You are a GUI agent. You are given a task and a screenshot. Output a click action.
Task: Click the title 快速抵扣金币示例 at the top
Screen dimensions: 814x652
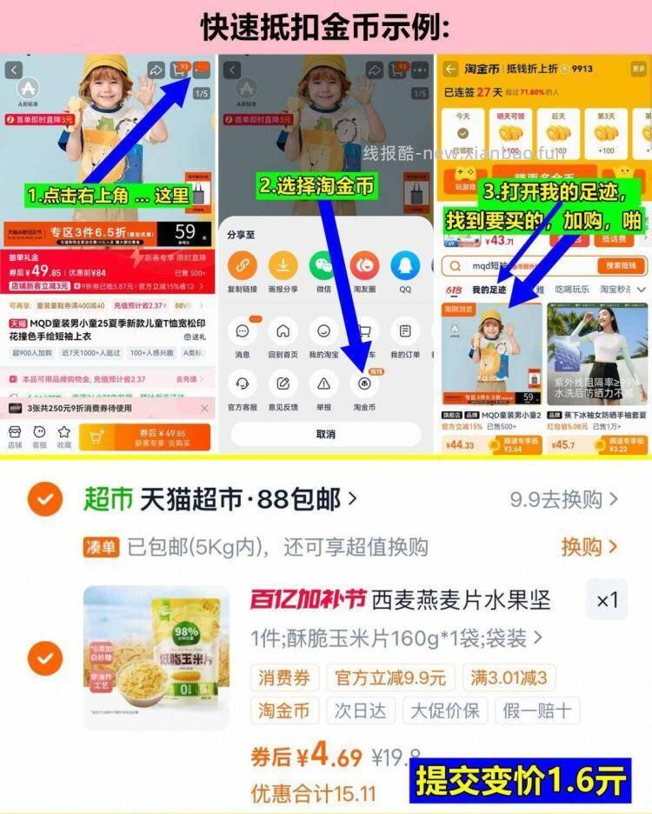325,26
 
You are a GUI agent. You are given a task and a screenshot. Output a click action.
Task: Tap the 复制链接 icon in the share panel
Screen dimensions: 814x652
243,265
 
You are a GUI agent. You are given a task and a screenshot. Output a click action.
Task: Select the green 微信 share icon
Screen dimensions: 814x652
323,265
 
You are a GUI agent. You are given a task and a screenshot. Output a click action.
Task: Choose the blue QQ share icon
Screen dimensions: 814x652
405,265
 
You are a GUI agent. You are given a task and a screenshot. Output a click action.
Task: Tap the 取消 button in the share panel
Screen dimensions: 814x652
325,434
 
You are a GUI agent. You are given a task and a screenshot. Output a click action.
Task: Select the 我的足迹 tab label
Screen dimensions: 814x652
489,290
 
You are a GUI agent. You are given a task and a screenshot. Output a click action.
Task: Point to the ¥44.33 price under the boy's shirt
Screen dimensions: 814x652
460,445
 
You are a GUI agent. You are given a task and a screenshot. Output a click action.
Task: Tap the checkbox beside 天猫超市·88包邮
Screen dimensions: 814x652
44,499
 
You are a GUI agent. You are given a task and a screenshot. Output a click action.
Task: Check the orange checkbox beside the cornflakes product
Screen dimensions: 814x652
44,658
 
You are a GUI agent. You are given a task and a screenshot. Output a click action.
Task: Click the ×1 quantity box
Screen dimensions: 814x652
607,600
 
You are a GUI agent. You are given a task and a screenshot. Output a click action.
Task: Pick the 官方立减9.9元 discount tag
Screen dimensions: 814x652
390,677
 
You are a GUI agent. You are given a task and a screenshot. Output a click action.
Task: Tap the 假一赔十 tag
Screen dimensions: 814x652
537,710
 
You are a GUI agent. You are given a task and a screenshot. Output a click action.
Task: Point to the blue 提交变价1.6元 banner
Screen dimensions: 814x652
520,780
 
